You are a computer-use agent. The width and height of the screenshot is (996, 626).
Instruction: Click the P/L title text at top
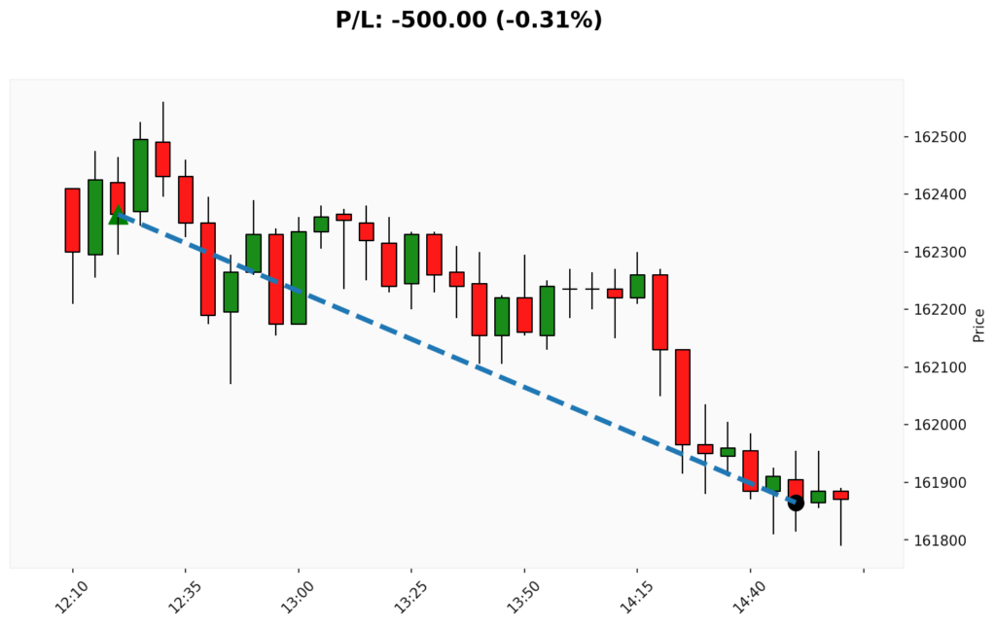pos(469,19)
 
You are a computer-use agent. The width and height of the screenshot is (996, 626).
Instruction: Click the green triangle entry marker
pos(118,215)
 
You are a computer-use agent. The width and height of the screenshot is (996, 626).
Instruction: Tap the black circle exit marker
pos(796,502)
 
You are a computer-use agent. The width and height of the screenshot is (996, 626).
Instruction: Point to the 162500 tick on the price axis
pos(940,137)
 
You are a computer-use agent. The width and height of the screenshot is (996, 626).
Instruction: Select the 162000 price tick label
pos(940,425)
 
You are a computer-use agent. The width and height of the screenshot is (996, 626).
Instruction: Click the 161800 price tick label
pos(940,540)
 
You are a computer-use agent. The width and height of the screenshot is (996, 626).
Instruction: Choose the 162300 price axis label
pos(940,253)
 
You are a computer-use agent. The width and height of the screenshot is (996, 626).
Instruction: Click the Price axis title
pos(979,325)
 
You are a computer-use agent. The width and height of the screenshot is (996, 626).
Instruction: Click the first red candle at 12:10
pos(72,220)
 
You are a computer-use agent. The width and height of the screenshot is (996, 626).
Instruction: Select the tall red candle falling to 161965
pos(683,397)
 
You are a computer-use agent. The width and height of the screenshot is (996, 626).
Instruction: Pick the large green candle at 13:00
pos(299,277)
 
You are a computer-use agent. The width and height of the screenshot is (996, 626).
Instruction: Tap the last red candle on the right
pos(840,495)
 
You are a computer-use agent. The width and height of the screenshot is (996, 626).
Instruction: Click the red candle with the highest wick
pos(162,158)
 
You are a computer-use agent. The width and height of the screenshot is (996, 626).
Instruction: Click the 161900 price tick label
pos(940,483)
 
